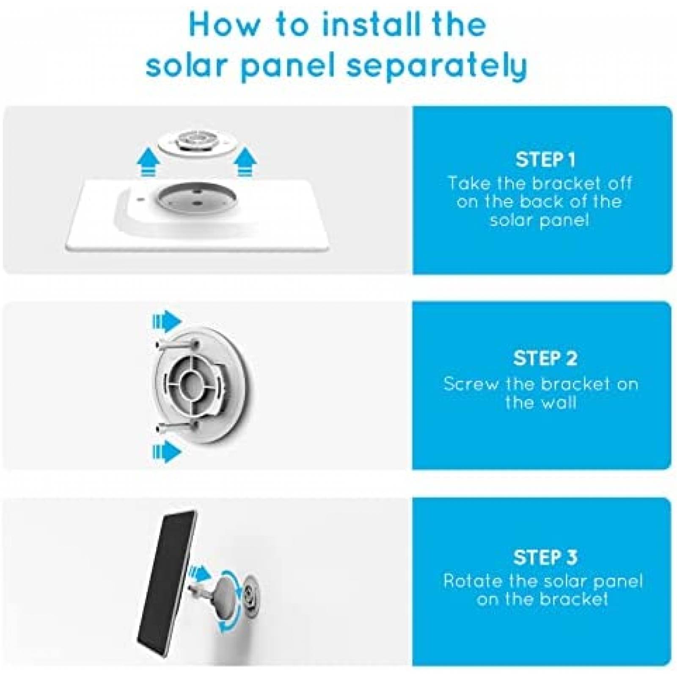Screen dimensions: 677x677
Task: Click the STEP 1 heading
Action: pyautogui.click(x=545, y=160)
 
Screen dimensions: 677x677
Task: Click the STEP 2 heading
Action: pyautogui.click(x=545, y=358)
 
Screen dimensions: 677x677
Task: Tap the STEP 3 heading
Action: pyautogui.click(x=545, y=557)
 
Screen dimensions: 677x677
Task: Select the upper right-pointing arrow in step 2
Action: pyautogui.click(x=167, y=322)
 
